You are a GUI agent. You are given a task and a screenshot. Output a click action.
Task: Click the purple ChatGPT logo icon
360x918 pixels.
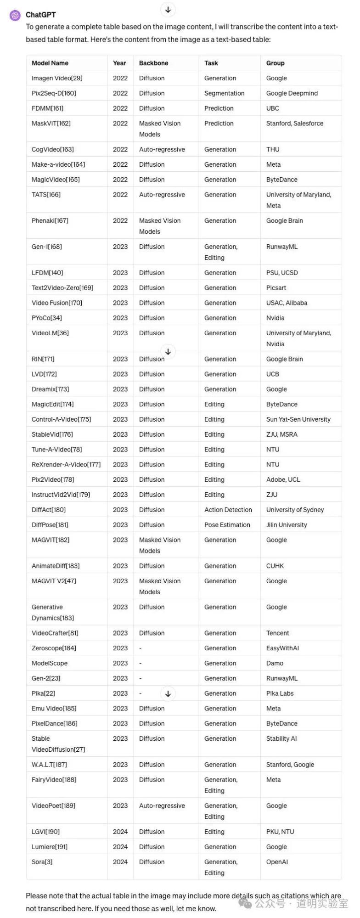coord(15,15)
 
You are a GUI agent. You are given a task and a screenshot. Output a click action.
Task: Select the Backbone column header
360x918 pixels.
coord(153,63)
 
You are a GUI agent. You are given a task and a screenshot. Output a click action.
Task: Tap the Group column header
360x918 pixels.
coord(275,63)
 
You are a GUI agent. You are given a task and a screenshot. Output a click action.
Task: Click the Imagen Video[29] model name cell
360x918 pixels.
coord(57,78)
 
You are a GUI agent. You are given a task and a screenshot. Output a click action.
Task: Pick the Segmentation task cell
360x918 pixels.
coord(224,93)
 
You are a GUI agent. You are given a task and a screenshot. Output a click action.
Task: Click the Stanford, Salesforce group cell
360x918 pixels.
coord(294,124)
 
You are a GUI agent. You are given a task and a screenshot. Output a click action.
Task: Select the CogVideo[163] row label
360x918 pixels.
coord(52,149)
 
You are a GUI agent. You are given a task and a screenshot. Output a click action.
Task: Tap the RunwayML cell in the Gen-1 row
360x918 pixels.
coord(281,247)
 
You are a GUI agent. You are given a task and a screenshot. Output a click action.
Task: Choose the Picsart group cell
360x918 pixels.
coord(276,288)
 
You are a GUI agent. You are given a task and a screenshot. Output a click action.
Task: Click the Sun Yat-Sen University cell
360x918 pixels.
coord(298,419)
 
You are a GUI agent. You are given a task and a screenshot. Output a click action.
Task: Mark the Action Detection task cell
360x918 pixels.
coord(228,510)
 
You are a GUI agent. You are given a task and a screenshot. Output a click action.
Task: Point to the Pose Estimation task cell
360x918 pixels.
coord(227,525)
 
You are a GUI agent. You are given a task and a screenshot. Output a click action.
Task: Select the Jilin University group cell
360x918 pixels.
coord(287,525)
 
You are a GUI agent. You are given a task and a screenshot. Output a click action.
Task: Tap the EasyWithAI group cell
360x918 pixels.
coord(282,648)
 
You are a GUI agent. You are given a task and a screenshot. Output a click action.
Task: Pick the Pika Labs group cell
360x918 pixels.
coord(280,693)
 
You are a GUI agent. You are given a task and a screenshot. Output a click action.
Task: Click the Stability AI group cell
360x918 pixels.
coord(281,738)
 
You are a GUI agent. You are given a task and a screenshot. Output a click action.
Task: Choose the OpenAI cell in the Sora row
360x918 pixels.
coord(277,862)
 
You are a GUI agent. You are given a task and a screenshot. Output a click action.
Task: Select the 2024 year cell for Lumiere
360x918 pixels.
coord(120,847)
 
